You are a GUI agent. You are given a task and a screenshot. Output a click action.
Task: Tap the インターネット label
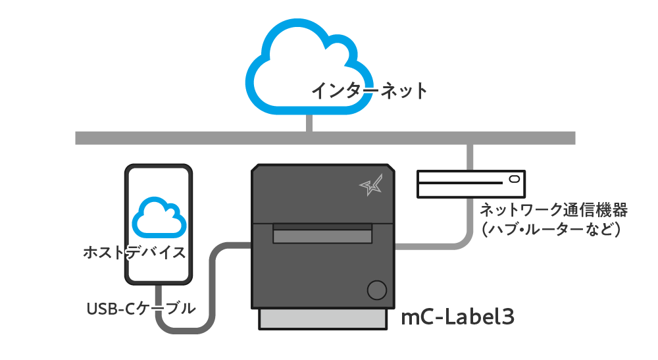pyautogui.click(x=369, y=91)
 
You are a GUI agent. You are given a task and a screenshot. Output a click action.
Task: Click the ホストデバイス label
pyautogui.click(x=134, y=253)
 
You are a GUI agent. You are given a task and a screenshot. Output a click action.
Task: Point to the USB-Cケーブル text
pyautogui.click(x=141, y=309)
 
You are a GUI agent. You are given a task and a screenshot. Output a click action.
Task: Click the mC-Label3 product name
pyautogui.click(x=457, y=317)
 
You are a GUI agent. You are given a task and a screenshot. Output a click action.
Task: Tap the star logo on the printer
pyautogui.click(x=371, y=185)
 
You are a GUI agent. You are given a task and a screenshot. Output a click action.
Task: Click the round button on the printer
pyautogui.click(x=377, y=290)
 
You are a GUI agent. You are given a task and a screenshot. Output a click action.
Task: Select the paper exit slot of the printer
pyautogui.click(x=322, y=233)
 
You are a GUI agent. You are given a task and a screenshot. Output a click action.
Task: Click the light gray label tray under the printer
pyautogui.click(x=322, y=319)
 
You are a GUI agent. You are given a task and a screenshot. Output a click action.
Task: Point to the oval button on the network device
pyautogui.click(x=515, y=179)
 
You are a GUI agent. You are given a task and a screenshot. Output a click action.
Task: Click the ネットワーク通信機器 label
pyautogui.click(x=553, y=210)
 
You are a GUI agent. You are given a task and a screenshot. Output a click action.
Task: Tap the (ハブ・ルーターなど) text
pyautogui.click(x=551, y=229)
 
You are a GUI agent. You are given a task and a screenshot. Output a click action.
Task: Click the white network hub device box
pyautogui.click(x=471, y=184)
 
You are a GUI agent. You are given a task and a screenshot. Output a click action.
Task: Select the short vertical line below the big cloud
pyautogui.click(x=309, y=123)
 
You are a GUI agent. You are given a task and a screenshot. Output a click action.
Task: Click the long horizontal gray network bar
pyautogui.click(x=325, y=138)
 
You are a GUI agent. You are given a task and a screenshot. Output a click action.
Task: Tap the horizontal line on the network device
pyautogui.click(x=461, y=183)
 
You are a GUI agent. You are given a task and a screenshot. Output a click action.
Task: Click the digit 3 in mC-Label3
pyautogui.click(x=508, y=317)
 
